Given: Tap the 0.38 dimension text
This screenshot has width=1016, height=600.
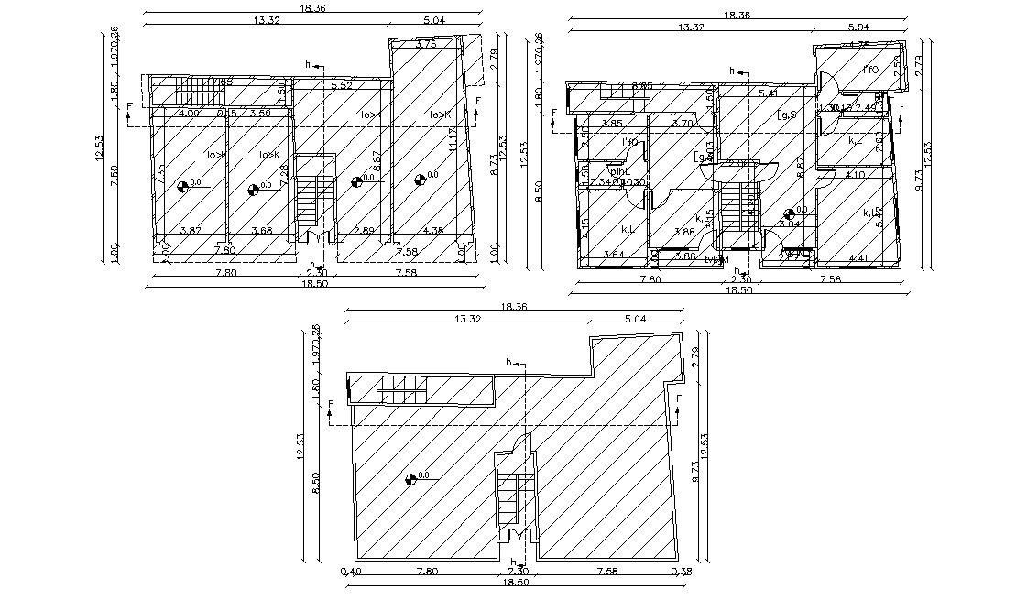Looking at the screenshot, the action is pos(683,572).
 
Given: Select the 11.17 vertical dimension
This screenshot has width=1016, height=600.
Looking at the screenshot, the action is pos(453,142).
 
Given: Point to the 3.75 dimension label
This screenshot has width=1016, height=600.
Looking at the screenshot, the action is pos(425,44).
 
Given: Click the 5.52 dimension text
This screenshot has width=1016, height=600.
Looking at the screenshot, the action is pos(342,86).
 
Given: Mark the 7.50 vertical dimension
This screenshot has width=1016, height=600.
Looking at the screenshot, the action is pos(113,176).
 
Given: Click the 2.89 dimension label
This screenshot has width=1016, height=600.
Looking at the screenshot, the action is pos(364,231).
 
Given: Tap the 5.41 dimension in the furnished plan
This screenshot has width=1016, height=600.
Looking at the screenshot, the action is pos(769,93).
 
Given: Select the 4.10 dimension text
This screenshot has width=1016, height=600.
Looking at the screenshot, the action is pos(855,174).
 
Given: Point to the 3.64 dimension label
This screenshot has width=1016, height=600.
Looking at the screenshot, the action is pos(614,254).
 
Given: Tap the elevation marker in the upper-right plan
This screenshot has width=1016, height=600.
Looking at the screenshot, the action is pos(790,213).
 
